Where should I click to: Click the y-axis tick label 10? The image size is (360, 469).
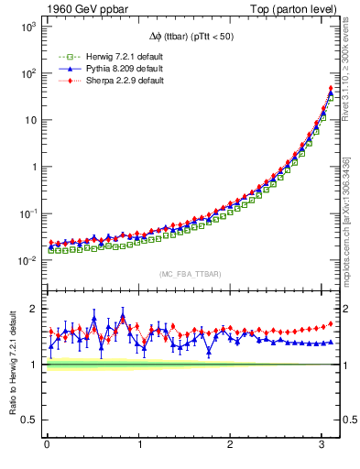[x=28, y=120]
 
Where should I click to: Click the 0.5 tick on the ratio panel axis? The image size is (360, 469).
[x=30, y=420]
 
